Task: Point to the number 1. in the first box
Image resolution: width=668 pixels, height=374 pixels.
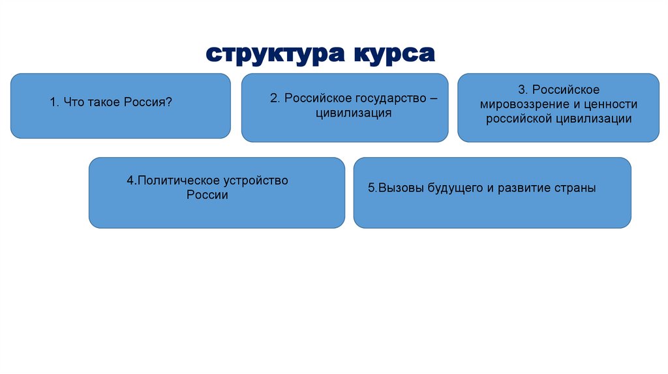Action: [55, 102]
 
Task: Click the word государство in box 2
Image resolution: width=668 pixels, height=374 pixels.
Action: [387, 98]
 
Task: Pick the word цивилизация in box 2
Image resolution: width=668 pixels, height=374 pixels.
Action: [344, 113]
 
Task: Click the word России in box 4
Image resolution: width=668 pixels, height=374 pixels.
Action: [207, 195]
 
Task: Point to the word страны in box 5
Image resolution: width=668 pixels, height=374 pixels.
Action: [577, 188]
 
